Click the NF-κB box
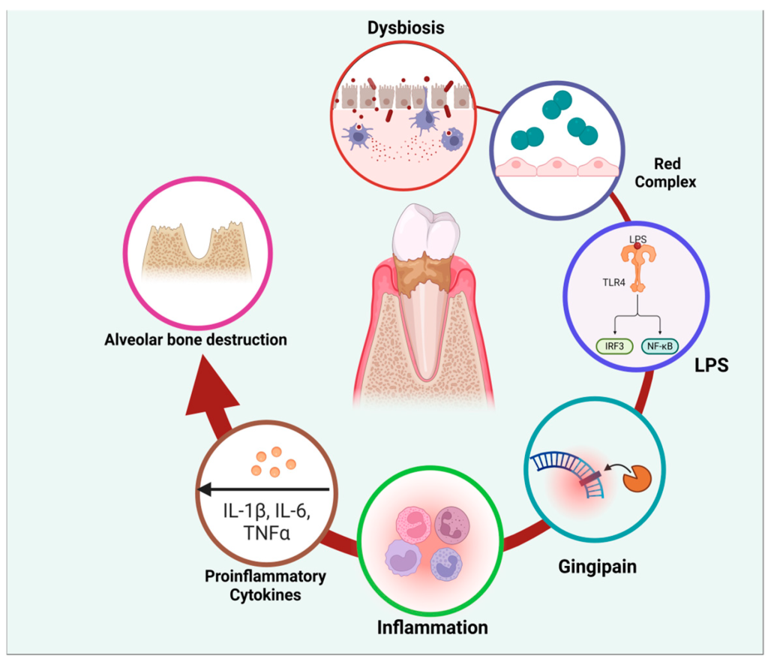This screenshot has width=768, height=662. click(660, 346)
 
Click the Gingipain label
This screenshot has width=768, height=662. click(597, 567)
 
